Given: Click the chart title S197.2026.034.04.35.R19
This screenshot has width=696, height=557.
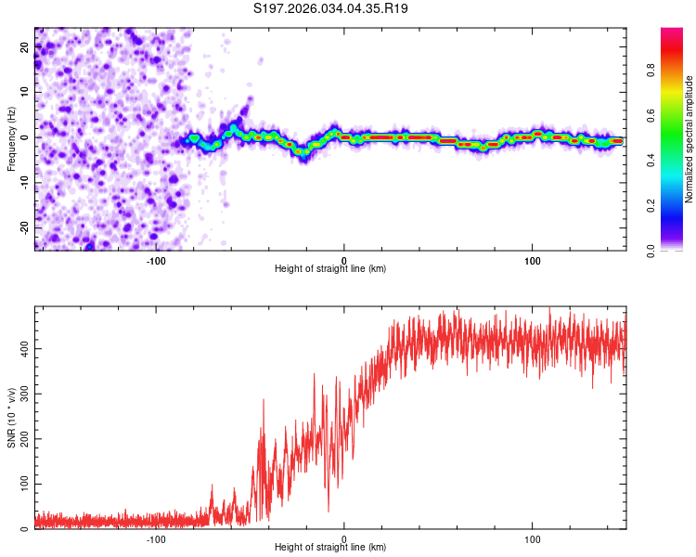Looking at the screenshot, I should (x=330, y=8).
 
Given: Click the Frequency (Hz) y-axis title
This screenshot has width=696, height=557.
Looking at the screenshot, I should (x=11, y=138).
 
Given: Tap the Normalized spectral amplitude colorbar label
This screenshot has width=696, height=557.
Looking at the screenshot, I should (x=690, y=139).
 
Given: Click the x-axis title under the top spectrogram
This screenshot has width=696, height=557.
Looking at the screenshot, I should (x=330, y=268).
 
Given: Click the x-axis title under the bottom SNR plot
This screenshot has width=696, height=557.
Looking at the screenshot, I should (x=330, y=547).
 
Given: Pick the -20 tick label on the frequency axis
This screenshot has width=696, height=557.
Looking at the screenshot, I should (x=25, y=227).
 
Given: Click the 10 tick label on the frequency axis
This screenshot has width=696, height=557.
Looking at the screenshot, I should (x=25, y=93).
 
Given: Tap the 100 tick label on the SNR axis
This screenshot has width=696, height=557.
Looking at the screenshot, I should (x=25, y=485).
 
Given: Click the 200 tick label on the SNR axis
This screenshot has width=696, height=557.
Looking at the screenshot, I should (x=25, y=439).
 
